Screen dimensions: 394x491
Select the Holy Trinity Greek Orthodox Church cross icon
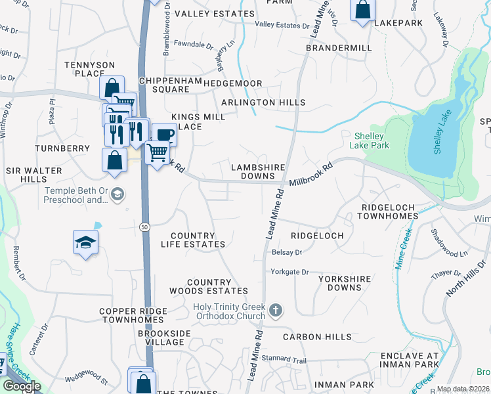(x=276, y=309)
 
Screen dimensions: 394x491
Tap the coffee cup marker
(x=164, y=135)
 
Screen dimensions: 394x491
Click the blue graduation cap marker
(x=86, y=242)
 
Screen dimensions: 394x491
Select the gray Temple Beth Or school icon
(x=117, y=194)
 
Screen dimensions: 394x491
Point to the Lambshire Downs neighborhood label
(x=253, y=171)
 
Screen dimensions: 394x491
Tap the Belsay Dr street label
(x=286, y=252)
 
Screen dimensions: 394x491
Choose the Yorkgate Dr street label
(x=289, y=271)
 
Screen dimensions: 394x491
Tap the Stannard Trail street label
(x=289, y=361)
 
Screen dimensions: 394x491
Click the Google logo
(x=22, y=386)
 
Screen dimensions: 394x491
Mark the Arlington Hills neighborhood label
(x=263, y=103)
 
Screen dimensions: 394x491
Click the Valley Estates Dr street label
(x=282, y=25)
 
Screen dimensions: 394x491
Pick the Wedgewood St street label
(x=86, y=380)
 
